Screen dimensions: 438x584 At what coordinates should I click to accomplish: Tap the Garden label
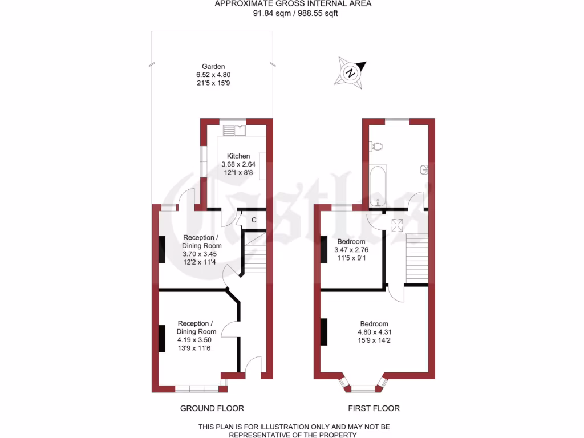click(x=213, y=66)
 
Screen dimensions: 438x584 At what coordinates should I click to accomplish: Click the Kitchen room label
click(x=238, y=156)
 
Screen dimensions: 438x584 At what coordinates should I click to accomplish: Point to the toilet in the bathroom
click(x=375, y=147)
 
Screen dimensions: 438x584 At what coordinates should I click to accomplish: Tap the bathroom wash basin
click(x=424, y=169)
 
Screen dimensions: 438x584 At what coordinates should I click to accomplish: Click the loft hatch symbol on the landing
click(x=397, y=224)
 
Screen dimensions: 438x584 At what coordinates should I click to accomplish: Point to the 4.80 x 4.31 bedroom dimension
click(x=374, y=332)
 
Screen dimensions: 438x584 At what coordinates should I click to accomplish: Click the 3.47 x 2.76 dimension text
click(x=351, y=250)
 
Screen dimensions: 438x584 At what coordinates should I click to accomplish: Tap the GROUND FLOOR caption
click(x=212, y=408)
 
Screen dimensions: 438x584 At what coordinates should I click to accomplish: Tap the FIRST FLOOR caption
click(x=374, y=408)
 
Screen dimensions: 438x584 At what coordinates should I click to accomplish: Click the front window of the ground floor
click(x=197, y=389)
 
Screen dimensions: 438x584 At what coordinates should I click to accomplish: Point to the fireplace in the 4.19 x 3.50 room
click(x=162, y=335)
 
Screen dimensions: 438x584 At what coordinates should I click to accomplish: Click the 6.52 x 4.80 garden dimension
click(x=213, y=75)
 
